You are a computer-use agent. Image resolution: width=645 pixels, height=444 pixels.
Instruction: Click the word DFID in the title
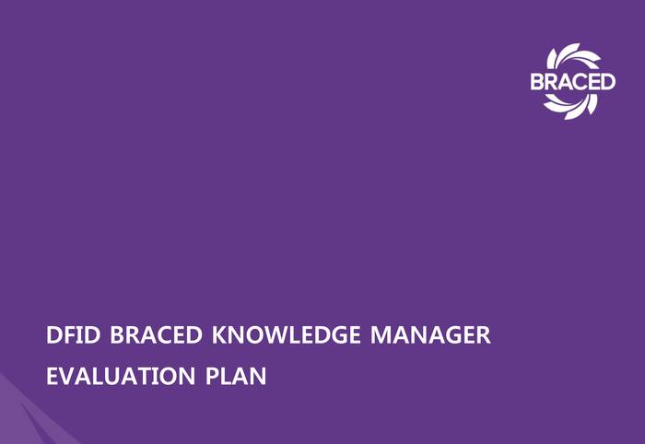click(x=73, y=334)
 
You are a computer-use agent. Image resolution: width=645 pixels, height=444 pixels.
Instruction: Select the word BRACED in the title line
click(x=157, y=334)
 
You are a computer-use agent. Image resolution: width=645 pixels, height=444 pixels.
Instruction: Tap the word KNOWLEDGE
click(x=287, y=334)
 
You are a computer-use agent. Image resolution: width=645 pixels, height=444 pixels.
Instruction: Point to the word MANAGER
click(x=430, y=334)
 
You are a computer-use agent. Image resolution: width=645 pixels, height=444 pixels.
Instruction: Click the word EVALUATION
click(x=121, y=376)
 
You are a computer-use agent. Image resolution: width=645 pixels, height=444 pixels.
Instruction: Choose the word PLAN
click(x=236, y=376)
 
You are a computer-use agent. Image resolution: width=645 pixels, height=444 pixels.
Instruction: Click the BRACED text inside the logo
click(x=573, y=81)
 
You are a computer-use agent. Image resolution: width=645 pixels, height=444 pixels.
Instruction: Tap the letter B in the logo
click(x=537, y=81)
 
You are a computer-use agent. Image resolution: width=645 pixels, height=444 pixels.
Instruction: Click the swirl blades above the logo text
click(x=573, y=57)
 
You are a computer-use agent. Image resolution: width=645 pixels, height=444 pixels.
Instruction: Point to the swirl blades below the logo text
click(x=571, y=106)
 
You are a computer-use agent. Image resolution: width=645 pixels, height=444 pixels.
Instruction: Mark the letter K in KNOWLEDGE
click(x=220, y=334)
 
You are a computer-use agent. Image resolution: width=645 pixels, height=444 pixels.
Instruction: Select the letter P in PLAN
click(x=212, y=376)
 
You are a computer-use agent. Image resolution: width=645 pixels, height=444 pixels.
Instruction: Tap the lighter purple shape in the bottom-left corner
click(x=25, y=415)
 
